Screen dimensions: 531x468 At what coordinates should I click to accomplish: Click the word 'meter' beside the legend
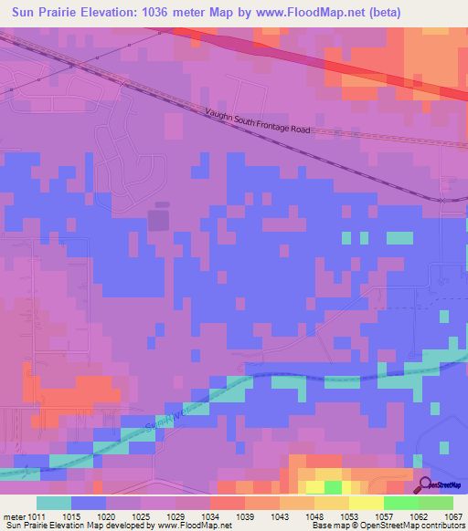pyautogui.click(x=16, y=517)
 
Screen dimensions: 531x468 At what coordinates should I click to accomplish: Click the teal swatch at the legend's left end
pyautogui.click(x=53, y=503)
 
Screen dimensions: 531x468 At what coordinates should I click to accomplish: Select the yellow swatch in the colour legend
pyautogui.click(x=366, y=503)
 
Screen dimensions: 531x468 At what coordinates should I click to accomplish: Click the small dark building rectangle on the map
pyautogui.click(x=158, y=218)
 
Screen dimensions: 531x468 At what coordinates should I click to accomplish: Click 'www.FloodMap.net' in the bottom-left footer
pyautogui.click(x=193, y=526)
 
